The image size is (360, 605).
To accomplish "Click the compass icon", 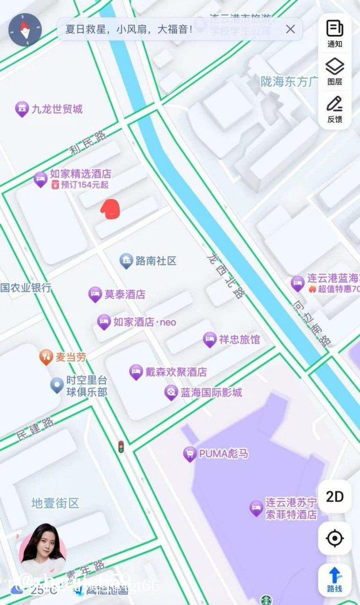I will point(25,30).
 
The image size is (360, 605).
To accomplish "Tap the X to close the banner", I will point(290,29).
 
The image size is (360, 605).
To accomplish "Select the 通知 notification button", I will point(335,33).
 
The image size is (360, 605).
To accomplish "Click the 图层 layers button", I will point(335,71).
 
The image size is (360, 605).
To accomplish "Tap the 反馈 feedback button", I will point(335,109).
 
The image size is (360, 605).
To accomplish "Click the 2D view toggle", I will point(334,497).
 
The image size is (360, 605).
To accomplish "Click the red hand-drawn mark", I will point(110,209).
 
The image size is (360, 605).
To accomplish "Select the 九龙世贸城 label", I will point(57,109).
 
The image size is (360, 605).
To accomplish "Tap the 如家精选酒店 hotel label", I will point(80,174).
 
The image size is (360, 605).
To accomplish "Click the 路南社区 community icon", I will point(126,261).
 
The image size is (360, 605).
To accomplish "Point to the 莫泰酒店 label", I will point(125,294).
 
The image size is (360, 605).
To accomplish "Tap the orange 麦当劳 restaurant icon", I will point(46,357).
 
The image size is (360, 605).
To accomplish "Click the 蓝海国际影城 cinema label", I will point(212,392).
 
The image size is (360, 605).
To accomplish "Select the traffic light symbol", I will point(121,446).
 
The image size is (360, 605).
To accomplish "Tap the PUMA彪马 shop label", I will point(223,454).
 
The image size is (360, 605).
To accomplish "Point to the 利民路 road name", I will point(89,142).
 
